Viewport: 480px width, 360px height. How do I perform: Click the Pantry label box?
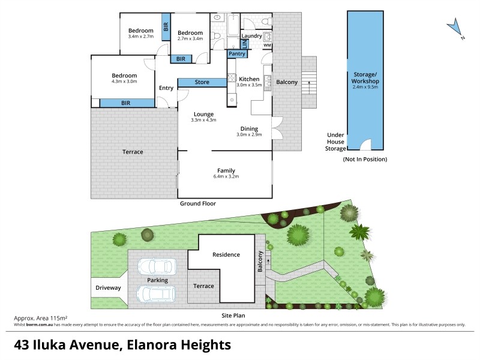237,54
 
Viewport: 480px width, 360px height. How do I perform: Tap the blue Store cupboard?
202,82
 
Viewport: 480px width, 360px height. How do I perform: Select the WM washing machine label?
267,46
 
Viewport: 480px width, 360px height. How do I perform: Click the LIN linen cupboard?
245,44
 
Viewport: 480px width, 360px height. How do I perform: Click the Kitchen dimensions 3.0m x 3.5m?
249,85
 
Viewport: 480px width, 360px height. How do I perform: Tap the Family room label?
226,170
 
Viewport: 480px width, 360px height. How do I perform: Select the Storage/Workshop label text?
365,78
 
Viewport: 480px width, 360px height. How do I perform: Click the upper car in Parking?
157,266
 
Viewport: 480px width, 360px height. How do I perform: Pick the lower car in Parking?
156,294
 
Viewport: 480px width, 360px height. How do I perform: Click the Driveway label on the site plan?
108,288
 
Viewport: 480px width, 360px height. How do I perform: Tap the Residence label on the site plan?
226,254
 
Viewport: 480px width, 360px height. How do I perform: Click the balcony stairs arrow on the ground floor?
309,88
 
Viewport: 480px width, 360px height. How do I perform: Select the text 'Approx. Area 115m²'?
41,319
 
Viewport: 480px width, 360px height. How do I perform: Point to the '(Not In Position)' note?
365,159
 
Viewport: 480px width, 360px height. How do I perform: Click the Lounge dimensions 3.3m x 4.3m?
203,120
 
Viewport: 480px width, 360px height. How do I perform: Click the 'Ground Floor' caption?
198,203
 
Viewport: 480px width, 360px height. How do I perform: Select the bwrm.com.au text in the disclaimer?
40,325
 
